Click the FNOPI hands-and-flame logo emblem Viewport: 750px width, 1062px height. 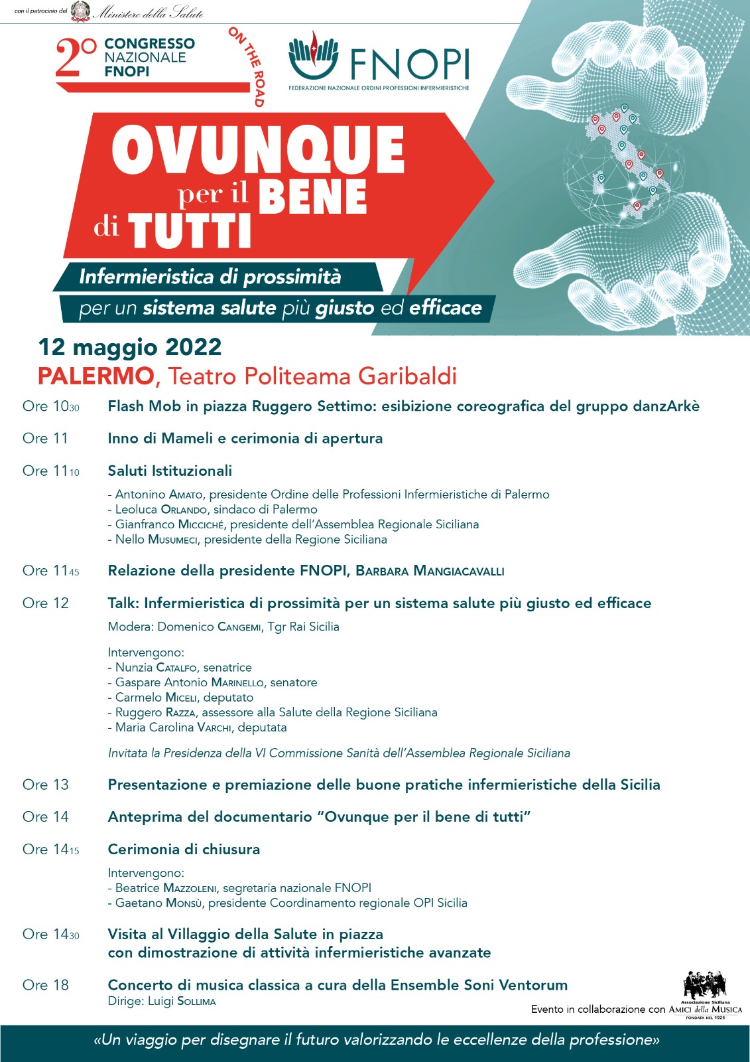pyautogui.click(x=313, y=56)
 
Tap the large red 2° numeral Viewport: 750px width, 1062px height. pyautogui.click(x=76, y=58)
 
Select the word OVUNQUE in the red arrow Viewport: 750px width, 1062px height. pyautogui.click(x=258, y=150)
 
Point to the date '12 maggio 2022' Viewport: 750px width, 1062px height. pyautogui.click(x=130, y=347)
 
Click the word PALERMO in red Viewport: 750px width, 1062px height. pyautogui.click(x=95, y=376)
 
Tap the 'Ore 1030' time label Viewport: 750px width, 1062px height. pyautogui.click(x=51, y=406)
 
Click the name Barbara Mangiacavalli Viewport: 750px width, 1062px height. pyautogui.click(x=430, y=571)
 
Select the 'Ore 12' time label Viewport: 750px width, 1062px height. pyautogui.click(x=46, y=603)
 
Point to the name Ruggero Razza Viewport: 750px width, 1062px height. pyautogui.click(x=155, y=712)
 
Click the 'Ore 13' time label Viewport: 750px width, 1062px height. pyautogui.click(x=46, y=785)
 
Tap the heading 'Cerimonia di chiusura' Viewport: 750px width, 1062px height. pyautogui.click(x=184, y=850)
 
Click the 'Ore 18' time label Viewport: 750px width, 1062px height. pyautogui.click(x=46, y=985)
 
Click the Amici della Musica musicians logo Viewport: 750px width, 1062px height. pyautogui.click(x=705, y=985)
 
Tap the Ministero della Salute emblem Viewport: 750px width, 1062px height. pyautogui.click(x=80, y=11)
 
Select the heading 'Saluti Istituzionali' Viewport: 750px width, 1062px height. pyautogui.click(x=170, y=471)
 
